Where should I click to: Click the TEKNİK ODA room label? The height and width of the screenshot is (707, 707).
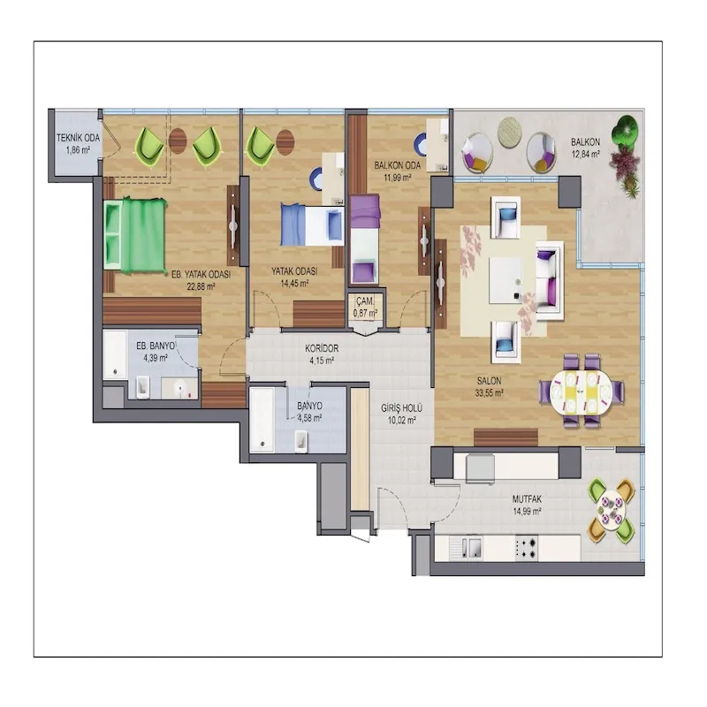(78, 138)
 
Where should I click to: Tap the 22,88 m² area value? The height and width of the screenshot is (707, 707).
(201, 286)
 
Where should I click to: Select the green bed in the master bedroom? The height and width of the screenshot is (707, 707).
(135, 235)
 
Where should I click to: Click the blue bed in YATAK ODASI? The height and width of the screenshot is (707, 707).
(312, 224)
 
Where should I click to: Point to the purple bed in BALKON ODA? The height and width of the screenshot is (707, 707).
(365, 239)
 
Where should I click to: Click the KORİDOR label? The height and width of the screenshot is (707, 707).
(322, 348)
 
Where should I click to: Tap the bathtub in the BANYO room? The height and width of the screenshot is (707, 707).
(262, 420)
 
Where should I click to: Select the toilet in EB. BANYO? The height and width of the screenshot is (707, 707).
(143, 387)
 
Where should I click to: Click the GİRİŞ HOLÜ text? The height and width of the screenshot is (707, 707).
(401, 408)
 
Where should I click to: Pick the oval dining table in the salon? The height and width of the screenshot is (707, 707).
(582, 392)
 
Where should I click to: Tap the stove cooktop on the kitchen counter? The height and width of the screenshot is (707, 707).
(527, 548)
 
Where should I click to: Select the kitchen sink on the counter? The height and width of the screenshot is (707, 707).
(466, 548)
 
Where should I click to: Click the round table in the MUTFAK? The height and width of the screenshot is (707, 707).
(612, 511)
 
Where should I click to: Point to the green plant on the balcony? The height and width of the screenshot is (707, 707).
(625, 131)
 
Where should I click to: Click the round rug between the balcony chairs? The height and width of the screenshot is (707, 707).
(510, 131)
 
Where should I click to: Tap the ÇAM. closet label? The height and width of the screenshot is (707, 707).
(365, 301)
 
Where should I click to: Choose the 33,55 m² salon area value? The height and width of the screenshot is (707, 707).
(489, 393)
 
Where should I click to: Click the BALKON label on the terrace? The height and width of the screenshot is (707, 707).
(585, 142)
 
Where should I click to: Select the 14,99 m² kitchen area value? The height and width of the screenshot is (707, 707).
(527, 512)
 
